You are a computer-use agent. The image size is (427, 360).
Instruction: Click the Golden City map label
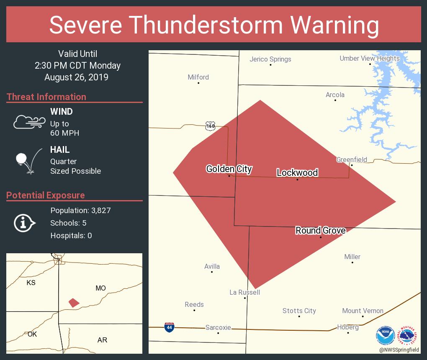(229, 169)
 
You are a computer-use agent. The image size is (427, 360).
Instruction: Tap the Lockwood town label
(297, 172)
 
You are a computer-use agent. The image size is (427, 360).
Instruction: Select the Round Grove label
(320, 230)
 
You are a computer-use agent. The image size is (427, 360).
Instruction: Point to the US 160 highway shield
(210, 126)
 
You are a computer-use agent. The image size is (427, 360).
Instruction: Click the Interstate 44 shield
(169, 327)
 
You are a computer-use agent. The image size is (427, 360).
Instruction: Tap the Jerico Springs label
(270, 59)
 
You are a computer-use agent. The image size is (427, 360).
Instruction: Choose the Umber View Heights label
(369, 58)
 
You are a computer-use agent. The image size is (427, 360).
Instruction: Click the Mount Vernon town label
(363, 311)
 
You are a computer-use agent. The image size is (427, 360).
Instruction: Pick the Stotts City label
(299, 311)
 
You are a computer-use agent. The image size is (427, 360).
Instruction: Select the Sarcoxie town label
(218, 327)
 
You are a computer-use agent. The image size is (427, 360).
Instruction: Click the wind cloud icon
(29, 122)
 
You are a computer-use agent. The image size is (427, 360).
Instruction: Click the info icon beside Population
(24, 223)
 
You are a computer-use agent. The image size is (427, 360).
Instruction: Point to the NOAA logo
(385, 335)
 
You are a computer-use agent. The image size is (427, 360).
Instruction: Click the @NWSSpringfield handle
(399, 350)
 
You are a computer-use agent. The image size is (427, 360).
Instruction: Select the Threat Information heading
(46, 97)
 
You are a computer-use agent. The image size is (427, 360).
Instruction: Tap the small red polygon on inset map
(74, 302)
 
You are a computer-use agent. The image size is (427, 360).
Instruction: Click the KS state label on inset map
(31, 283)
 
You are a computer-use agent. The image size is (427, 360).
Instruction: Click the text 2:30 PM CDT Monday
(77, 65)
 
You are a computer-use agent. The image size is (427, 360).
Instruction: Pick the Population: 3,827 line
(80, 210)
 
